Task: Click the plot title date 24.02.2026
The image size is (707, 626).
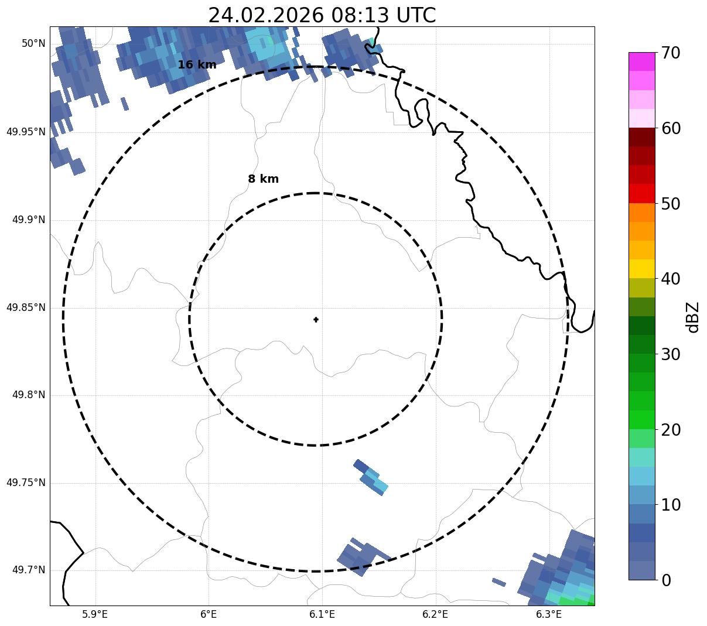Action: (265, 15)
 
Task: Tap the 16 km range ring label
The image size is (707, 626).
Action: (197, 65)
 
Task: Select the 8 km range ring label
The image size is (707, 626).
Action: (263, 179)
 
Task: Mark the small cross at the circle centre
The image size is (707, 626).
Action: (316, 320)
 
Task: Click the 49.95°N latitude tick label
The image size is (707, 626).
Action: (26, 132)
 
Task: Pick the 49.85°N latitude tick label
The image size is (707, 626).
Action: (26, 307)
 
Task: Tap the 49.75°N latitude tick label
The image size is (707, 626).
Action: (26, 483)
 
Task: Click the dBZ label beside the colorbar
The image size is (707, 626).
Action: (693, 317)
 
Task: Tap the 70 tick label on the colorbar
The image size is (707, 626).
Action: (671, 53)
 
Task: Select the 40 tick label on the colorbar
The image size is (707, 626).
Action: (671, 279)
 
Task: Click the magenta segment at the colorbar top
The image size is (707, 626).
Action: (641, 61)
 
